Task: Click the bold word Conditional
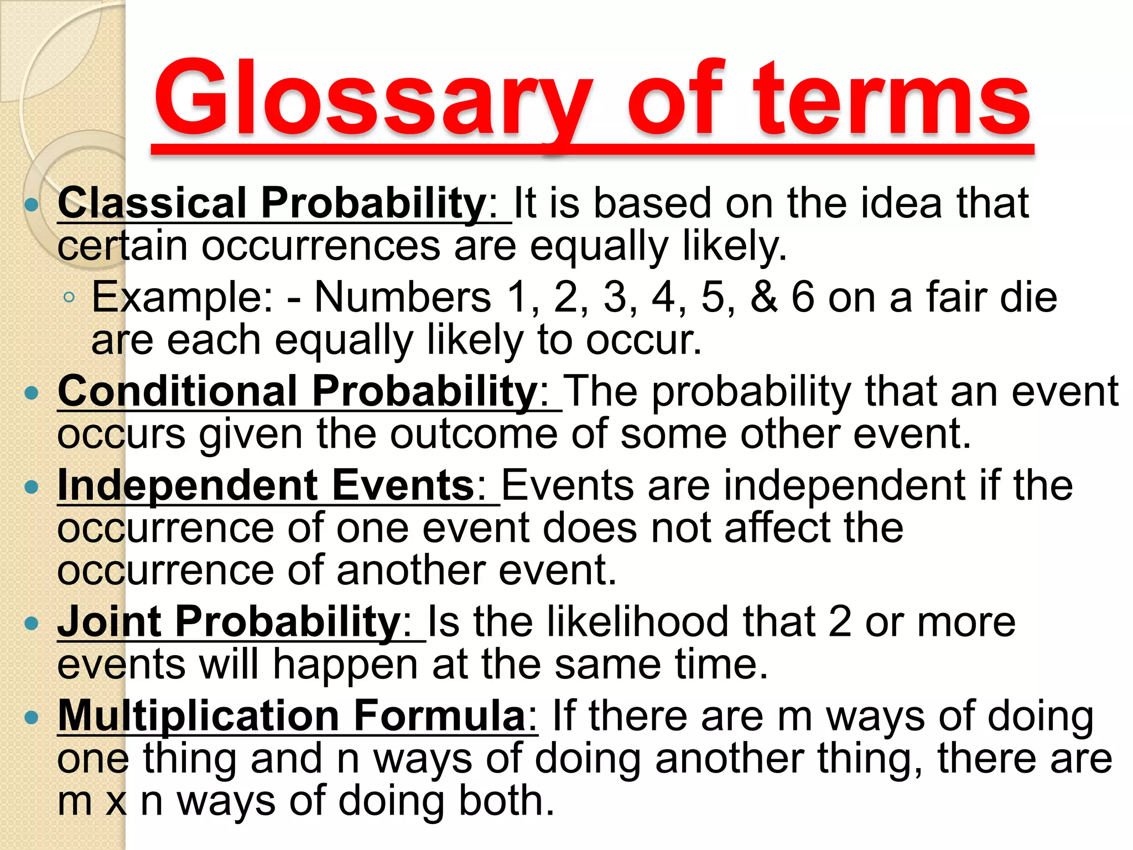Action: point(178,391)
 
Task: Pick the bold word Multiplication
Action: point(199,716)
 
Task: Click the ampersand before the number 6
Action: point(764,297)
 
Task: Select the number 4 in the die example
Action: point(663,297)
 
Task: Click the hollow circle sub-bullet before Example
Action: point(69,298)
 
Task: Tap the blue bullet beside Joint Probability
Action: point(32,624)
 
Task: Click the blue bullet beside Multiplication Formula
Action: point(32,718)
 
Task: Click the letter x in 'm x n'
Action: point(116,802)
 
